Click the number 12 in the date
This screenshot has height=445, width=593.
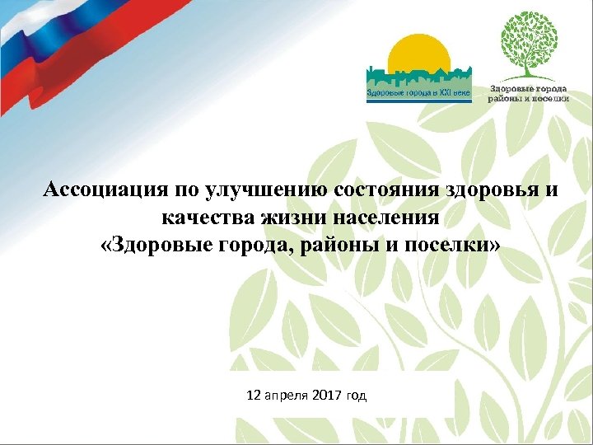click(254, 396)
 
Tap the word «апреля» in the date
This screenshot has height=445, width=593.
click(287, 396)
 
